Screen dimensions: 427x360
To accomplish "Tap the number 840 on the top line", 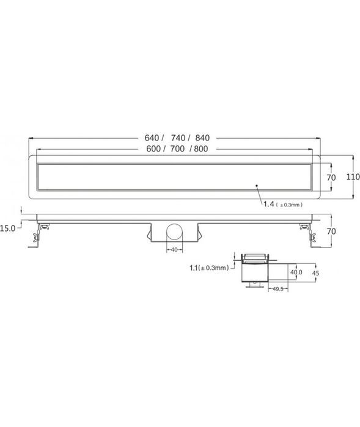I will coord(204,137).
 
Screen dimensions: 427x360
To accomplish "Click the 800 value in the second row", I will coord(202,150).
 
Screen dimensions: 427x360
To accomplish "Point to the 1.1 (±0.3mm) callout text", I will coord(209,267).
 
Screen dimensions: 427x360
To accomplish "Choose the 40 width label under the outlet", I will coord(174,249).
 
